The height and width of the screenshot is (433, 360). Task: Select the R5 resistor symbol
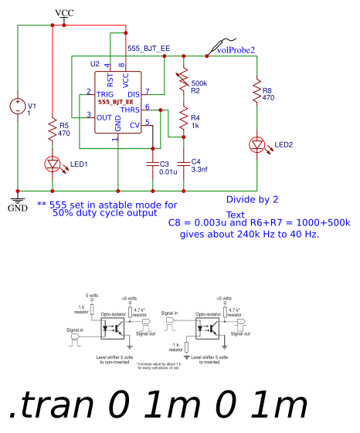point(53,130)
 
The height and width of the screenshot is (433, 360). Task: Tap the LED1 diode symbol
point(53,164)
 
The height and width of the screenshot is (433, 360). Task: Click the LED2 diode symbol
point(257,145)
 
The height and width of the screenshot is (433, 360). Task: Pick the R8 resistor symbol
point(257,93)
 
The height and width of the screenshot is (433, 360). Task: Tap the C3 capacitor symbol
point(152,164)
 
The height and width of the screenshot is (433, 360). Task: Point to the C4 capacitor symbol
point(183,164)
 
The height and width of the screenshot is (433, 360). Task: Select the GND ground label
point(17,208)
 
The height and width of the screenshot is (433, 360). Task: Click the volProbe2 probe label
point(236,50)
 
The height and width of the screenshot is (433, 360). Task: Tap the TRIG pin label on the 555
point(104,94)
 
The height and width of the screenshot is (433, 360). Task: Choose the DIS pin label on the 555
point(133,94)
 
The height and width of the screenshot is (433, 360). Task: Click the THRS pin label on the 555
point(130,110)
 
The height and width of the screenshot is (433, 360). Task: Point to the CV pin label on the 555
point(134,125)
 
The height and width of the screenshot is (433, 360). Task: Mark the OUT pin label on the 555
point(104,117)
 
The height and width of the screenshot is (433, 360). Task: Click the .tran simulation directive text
point(158,404)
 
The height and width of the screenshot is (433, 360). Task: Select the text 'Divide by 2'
point(252,199)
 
